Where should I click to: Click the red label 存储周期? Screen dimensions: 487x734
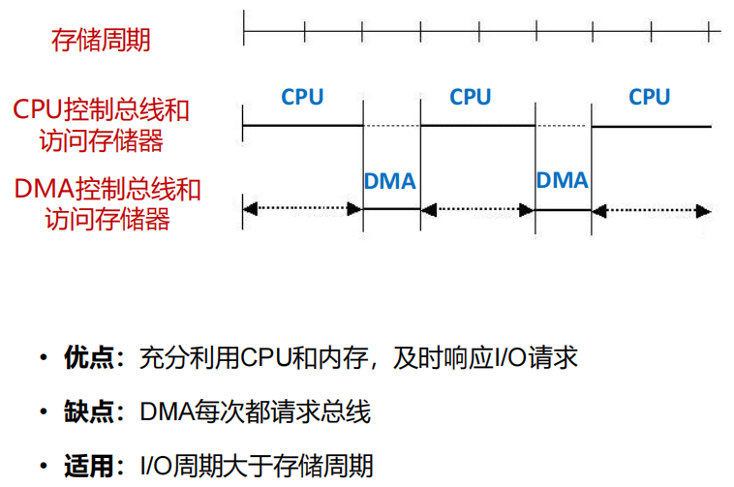(101, 40)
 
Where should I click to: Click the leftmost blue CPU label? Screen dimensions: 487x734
(302, 97)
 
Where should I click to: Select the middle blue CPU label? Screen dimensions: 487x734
(471, 97)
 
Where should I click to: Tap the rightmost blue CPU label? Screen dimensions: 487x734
(649, 97)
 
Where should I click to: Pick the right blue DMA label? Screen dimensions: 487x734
(562, 181)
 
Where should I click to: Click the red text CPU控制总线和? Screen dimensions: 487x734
(101, 109)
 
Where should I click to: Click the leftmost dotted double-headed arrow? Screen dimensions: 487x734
(302, 208)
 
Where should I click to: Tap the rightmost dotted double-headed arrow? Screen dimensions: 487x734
(651, 208)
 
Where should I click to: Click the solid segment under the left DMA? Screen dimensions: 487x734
(391, 208)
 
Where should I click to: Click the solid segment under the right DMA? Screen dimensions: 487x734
(563, 208)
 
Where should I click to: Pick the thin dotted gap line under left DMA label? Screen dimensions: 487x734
(391, 127)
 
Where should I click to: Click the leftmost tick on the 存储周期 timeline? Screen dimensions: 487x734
(244, 32)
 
